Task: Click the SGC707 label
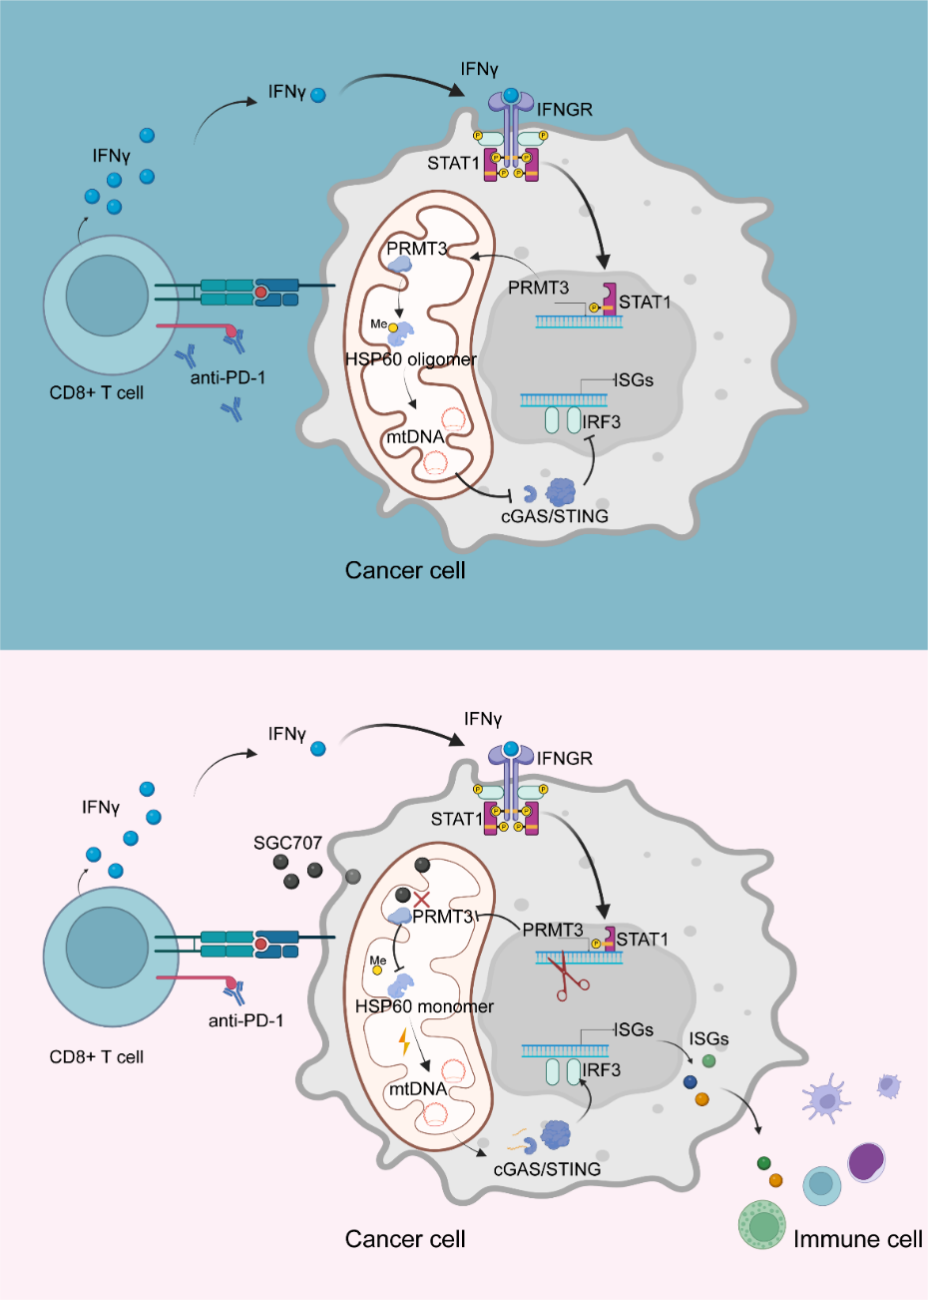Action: coord(287,843)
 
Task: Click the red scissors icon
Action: coord(571,976)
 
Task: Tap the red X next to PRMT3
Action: coord(421,899)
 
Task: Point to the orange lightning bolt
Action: coord(404,1042)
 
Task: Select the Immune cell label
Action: coord(857,1239)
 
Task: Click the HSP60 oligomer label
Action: coord(411,359)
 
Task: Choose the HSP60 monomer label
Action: coord(424,1006)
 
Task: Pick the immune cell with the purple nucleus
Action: coord(866,1162)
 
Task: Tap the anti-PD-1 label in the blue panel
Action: coord(229,377)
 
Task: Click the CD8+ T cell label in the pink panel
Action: coord(97,1056)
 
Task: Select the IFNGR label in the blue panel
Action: coord(565,109)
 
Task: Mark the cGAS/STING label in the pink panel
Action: coord(547,1168)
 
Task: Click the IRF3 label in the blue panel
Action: coord(602,422)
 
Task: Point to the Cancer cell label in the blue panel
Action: coord(405,570)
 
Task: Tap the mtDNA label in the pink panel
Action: coord(417,1088)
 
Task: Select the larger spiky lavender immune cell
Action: coord(828,1098)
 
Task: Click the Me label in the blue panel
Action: coord(378,325)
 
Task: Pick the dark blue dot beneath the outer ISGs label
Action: coord(690,1082)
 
